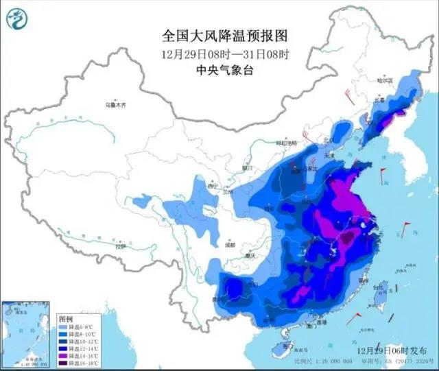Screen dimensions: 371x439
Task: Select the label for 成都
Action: (x=229, y=244)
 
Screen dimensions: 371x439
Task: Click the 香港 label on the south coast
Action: (x=316, y=322)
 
